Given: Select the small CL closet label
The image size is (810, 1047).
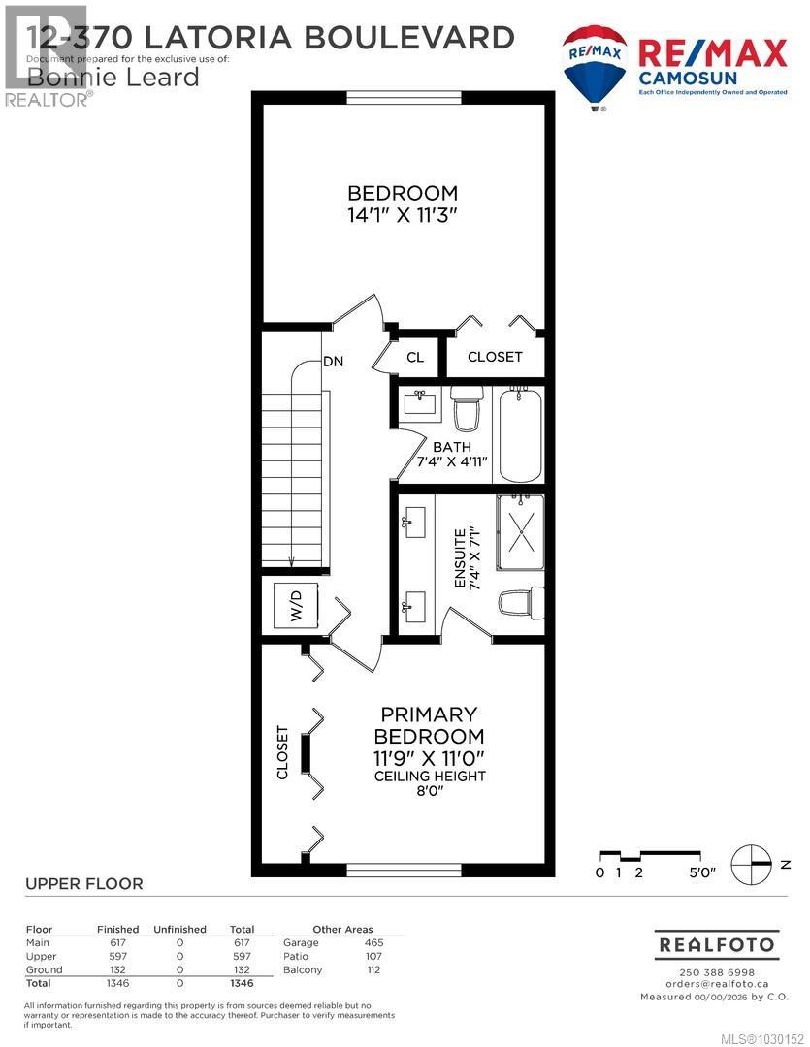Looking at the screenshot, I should tap(415, 357).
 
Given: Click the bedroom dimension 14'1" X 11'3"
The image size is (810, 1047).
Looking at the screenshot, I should tap(403, 215).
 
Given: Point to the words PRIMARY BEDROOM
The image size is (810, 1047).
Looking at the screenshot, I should tap(431, 725).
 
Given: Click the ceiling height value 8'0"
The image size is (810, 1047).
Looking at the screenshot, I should tap(432, 792).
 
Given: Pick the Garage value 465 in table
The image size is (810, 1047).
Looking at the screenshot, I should tap(373, 942).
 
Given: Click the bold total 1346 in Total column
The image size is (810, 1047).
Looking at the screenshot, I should tap(241, 983).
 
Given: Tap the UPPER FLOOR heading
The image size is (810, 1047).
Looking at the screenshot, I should tap(83, 883).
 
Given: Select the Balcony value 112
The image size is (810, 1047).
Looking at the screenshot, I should tap(373, 969).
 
